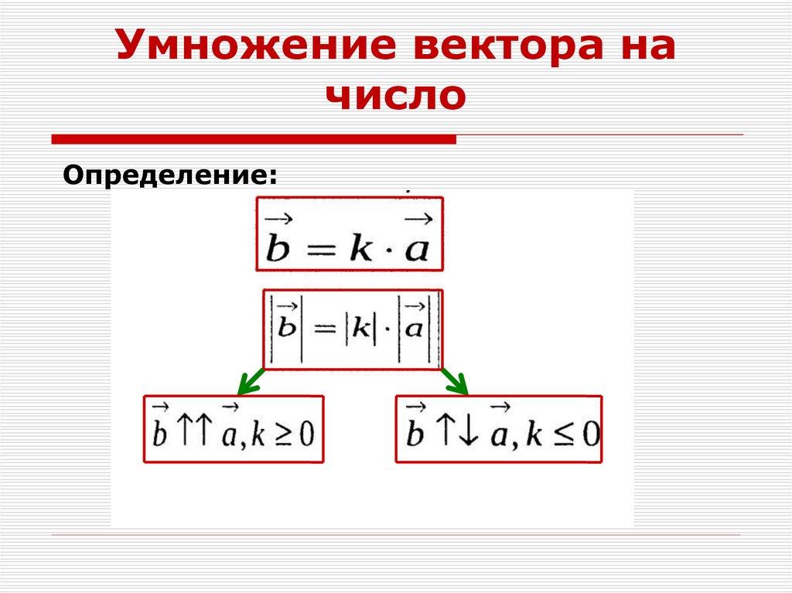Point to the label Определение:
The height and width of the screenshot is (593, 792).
coord(169,175)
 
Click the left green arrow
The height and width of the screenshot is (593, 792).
coord(249,380)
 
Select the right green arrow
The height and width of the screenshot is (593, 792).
coord(454,380)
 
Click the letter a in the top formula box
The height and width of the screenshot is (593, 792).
coord(417,251)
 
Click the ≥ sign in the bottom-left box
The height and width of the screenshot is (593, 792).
coord(282,435)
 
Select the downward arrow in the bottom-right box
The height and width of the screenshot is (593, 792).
coord(468,433)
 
